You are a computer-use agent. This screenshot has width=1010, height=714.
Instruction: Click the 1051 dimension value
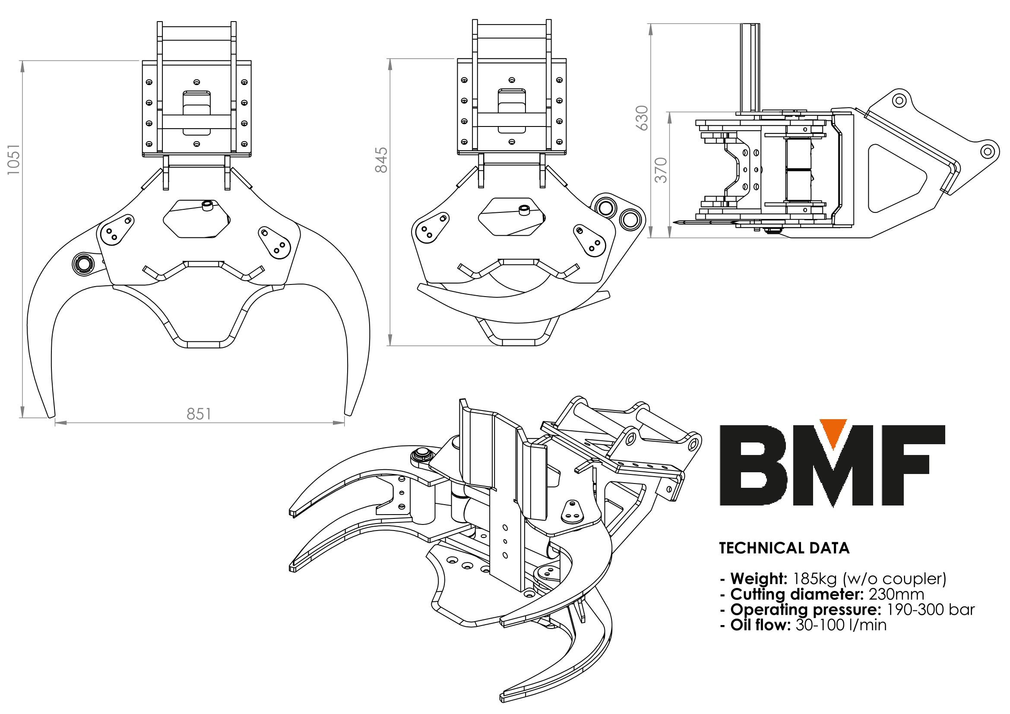click(x=14, y=160)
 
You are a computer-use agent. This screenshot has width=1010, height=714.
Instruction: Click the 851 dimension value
click(x=199, y=414)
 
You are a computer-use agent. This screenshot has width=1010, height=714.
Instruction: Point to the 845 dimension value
click(x=381, y=160)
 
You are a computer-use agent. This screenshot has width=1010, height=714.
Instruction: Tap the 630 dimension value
click(x=642, y=118)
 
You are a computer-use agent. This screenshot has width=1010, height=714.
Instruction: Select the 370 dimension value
click(x=661, y=170)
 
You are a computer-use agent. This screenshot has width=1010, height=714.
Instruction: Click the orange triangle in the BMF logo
click(x=833, y=433)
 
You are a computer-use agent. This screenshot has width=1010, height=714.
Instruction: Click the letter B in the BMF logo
click(x=753, y=465)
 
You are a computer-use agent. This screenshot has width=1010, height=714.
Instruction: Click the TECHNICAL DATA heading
click(x=784, y=548)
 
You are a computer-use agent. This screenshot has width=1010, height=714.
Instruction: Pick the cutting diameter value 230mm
click(x=896, y=594)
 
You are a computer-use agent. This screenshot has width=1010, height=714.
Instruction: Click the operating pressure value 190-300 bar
click(x=931, y=610)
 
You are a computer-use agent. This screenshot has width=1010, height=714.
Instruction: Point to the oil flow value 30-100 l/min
click(x=841, y=625)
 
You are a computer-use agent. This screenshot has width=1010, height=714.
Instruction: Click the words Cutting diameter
click(x=797, y=594)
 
